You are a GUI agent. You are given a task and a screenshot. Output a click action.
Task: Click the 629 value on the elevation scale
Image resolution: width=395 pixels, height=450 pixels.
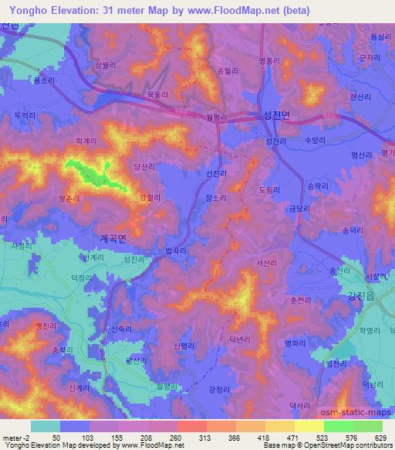[x=378, y=437]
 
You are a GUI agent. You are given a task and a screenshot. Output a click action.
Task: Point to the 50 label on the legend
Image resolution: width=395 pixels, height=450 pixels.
[x=56, y=437]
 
